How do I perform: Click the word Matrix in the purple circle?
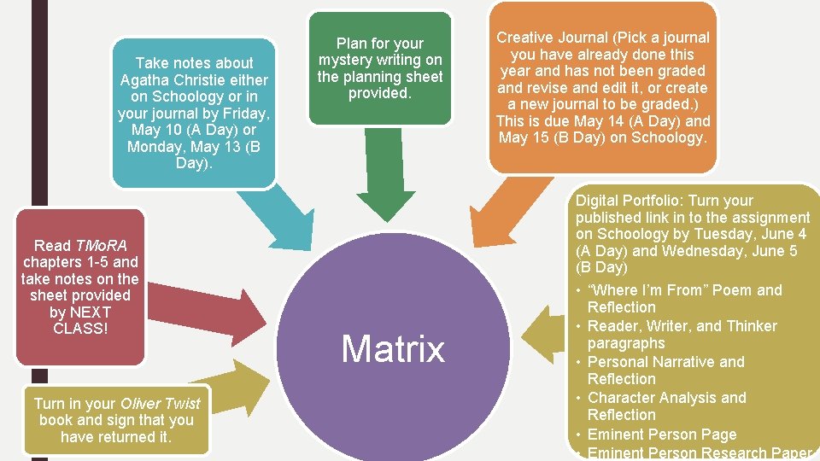(x=393, y=349)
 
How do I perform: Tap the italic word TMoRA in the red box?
(x=101, y=246)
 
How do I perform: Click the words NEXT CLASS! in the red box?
(x=79, y=320)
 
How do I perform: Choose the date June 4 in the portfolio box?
(x=785, y=234)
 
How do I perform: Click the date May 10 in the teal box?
(x=154, y=130)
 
